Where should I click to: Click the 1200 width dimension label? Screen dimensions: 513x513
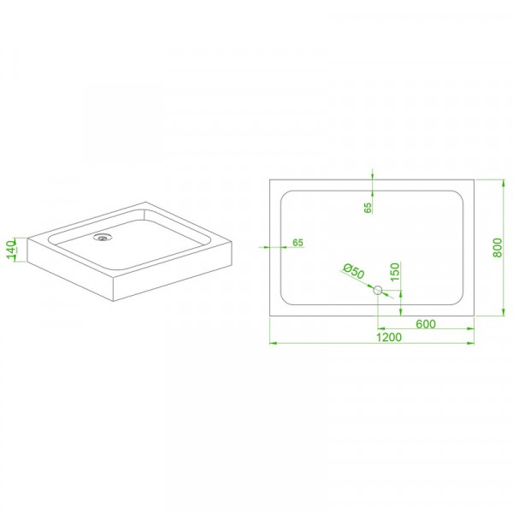pyautogui.click(x=388, y=337)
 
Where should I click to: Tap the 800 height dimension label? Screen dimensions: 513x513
pyautogui.click(x=498, y=248)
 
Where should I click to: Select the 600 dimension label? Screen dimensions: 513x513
pyautogui.click(x=426, y=324)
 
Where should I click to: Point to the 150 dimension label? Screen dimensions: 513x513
pyautogui.click(x=395, y=272)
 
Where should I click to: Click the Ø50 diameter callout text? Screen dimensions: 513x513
pyautogui.click(x=354, y=271)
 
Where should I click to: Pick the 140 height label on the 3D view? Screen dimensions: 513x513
pyautogui.click(x=11, y=250)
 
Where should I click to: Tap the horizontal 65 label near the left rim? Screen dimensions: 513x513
pyautogui.click(x=298, y=243)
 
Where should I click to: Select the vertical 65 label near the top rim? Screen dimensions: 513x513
pyautogui.click(x=368, y=208)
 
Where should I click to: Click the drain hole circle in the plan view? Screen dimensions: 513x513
pyautogui.click(x=378, y=290)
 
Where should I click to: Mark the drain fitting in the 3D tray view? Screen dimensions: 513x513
pyautogui.click(x=103, y=237)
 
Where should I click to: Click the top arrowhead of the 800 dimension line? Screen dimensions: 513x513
pyautogui.click(x=504, y=183)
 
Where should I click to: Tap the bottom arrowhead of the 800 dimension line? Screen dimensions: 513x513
pyautogui.click(x=504, y=312)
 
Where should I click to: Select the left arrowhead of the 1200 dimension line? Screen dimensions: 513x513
pyautogui.click(x=274, y=343)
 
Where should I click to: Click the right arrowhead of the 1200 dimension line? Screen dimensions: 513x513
pyautogui.click(x=470, y=343)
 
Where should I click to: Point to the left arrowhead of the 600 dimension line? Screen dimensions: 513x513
pyautogui.click(x=381, y=328)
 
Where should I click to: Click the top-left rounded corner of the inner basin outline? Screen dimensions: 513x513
pyautogui.click(x=284, y=194)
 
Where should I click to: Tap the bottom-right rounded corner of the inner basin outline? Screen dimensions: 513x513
pyautogui.click(x=460, y=302)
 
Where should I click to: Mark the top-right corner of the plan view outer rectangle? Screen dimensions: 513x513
pyautogui.click(x=474, y=180)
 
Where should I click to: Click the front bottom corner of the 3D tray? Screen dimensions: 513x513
pyautogui.click(x=113, y=301)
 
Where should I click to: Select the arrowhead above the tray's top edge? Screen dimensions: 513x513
pyautogui.click(x=372, y=175)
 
